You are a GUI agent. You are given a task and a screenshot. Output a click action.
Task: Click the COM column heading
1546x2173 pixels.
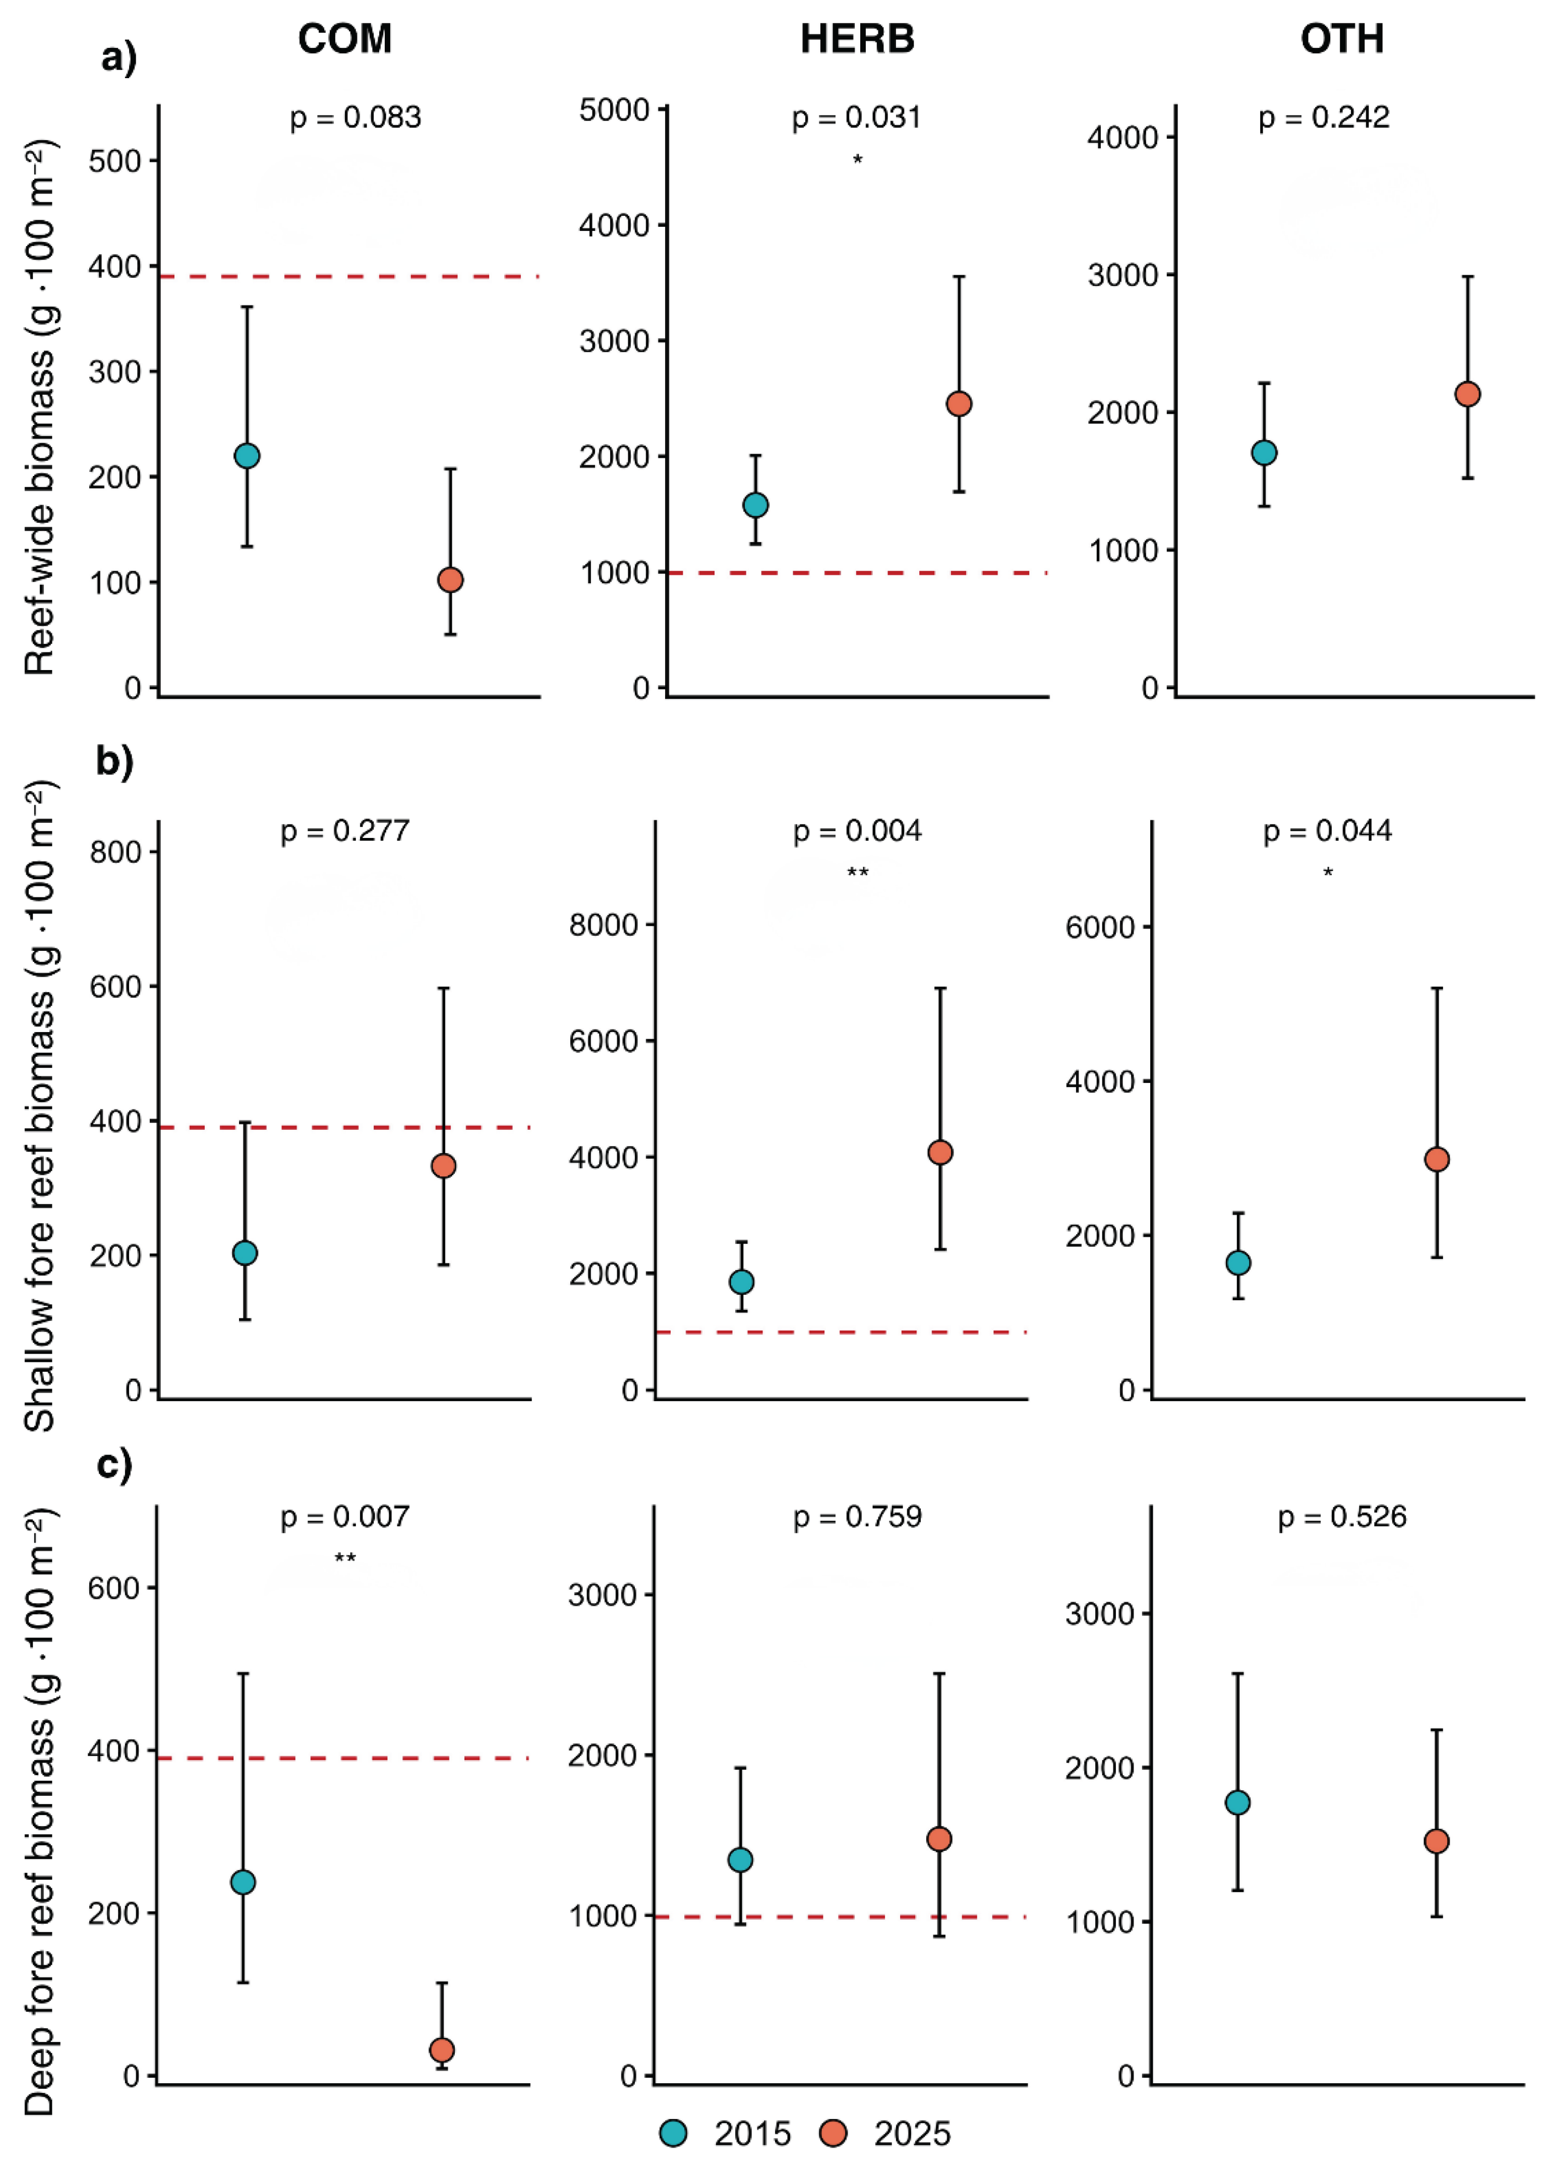(344, 39)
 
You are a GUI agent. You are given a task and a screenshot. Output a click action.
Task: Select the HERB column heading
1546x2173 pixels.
(857, 39)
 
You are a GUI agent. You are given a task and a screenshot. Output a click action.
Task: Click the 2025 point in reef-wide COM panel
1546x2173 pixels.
(450, 580)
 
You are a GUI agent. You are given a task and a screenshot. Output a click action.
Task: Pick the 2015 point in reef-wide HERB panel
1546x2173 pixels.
(755, 505)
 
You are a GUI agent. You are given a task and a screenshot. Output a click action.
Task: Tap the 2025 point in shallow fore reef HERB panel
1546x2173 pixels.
(939, 1153)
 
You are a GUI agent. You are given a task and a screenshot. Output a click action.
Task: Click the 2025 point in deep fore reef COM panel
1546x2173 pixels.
(442, 2049)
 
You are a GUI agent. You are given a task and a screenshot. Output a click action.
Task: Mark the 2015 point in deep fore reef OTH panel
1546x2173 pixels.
(1237, 1803)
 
